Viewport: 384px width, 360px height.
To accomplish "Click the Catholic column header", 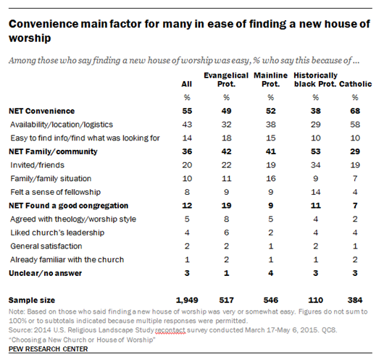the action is pyautogui.click(x=355, y=84).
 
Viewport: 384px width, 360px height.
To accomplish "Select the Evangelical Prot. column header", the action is pyautogui.click(x=226, y=80).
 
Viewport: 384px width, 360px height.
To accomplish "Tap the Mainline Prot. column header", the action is pyautogui.click(x=271, y=80).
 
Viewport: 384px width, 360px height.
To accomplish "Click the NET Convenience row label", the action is pyautogui.click(x=41, y=111).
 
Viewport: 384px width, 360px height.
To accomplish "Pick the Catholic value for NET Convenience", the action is pyautogui.click(x=355, y=111).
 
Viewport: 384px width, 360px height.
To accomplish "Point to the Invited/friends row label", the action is pyautogui.click(x=37, y=165).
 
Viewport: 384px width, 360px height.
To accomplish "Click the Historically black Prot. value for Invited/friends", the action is pyautogui.click(x=316, y=165).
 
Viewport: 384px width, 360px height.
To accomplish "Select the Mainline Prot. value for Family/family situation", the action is pyautogui.click(x=271, y=178).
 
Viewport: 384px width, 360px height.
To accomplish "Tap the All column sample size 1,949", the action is pyautogui.click(x=187, y=300).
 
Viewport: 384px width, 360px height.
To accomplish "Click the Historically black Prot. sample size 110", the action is pyautogui.click(x=316, y=300).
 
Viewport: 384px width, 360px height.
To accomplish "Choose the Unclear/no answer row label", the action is pyautogui.click(x=46, y=273).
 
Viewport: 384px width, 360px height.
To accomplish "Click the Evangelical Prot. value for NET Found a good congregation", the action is pyautogui.click(x=226, y=206).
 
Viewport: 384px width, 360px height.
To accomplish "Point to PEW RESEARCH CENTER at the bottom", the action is pyautogui.click(x=49, y=348).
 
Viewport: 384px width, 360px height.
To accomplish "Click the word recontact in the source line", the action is pyautogui.click(x=170, y=330).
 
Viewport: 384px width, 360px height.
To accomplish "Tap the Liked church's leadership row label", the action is pyautogui.click(x=57, y=233).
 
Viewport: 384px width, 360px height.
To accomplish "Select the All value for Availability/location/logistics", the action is pyautogui.click(x=187, y=125).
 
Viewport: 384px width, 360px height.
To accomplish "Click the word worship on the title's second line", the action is pyautogui.click(x=30, y=38).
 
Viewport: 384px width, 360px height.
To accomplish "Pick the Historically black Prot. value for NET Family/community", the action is pyautogui.click(x=316, y=151).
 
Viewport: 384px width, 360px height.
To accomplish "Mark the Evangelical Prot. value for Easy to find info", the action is pyautogui.click(x=226, y=138).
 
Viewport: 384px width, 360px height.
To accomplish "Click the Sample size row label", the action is pyautogui.click(x=32, y=300).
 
